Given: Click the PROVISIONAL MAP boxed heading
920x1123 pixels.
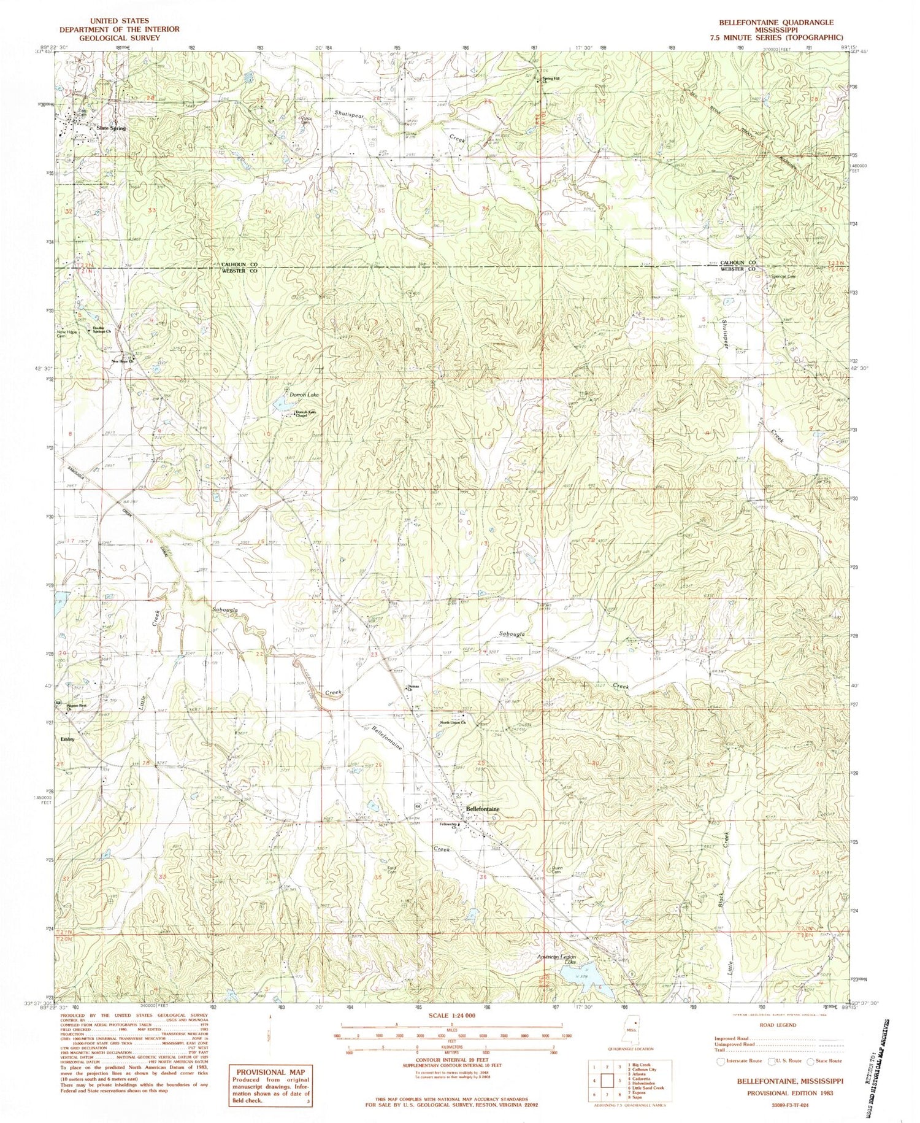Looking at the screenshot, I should [270, 1073].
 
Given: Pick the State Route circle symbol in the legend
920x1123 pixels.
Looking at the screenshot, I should [811, 1061].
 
